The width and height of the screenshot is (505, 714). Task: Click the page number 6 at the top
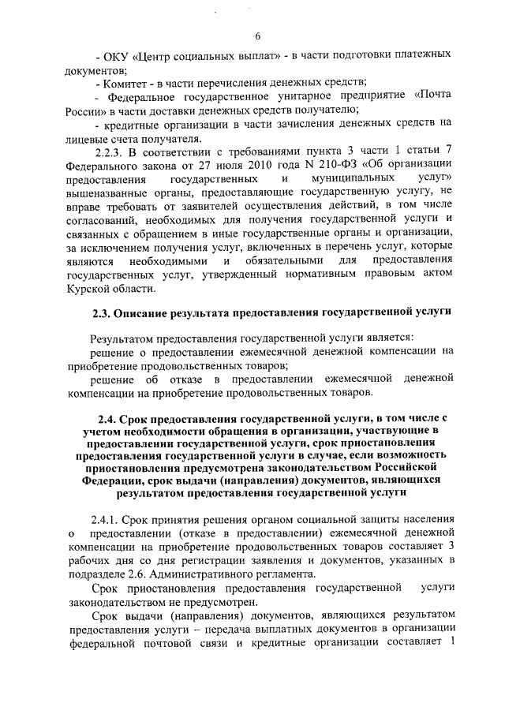pyautogui.click(x=258, y=36)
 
